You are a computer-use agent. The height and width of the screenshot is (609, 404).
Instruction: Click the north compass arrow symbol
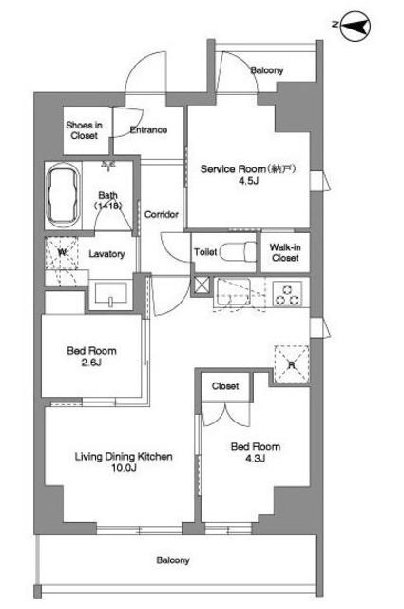coord(355,27)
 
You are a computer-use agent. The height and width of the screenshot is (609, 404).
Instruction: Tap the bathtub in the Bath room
coord(63,196)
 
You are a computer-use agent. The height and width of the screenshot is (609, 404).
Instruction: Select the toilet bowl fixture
coord(238,252)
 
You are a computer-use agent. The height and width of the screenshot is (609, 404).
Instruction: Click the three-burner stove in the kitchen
coord(287,294)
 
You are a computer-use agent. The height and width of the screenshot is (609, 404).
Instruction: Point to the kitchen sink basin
coord(234,292)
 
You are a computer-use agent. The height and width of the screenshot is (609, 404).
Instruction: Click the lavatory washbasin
coord(111,294)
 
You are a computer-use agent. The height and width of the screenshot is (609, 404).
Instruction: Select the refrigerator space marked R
coord(292,364)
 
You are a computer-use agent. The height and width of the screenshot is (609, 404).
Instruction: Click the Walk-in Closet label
coord(285,252)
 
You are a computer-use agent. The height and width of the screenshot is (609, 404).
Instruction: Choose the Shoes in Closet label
coord(85,130)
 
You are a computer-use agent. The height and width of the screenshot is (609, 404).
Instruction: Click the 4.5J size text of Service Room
coord(248,180)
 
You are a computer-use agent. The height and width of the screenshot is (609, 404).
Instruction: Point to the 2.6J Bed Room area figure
coord(91,363)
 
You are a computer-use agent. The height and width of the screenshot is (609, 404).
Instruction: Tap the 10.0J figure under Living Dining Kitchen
coord(124,468)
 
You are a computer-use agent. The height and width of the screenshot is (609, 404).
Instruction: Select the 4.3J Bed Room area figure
coord(256,459)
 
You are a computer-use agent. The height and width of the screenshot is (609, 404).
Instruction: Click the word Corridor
coord(162,214)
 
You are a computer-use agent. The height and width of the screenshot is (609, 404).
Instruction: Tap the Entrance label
coord(148,129)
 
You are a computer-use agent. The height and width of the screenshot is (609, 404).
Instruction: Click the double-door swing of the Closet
coord(226,415)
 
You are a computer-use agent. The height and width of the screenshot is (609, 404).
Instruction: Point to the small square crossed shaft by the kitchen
coord(202,285)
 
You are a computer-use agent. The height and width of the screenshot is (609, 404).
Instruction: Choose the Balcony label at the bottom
coord(173,560)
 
